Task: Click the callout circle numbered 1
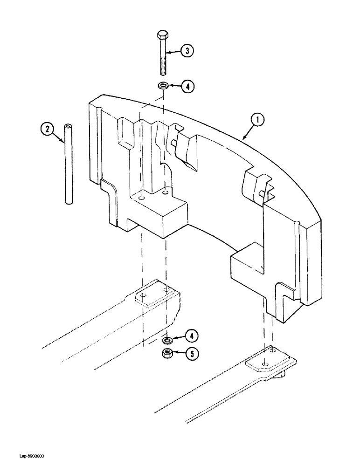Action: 256,121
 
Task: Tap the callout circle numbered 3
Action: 186,52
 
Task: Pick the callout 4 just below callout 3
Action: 186,86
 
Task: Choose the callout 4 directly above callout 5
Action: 190,336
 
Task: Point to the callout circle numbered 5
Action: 190,354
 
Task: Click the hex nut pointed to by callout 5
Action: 167,353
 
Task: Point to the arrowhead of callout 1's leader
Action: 242,138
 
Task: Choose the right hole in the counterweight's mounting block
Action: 165,192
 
